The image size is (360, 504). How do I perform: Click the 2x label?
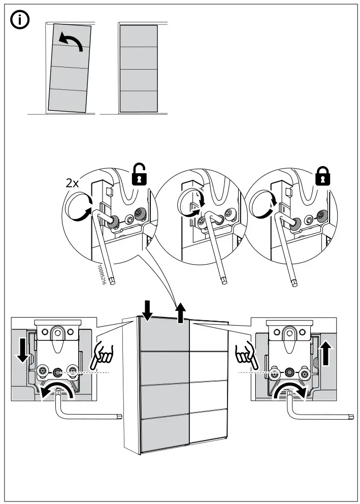point(73,183)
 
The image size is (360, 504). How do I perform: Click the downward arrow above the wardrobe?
point(147,310)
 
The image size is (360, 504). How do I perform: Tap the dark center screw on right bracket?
point(290,372)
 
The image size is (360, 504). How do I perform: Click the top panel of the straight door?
point(138,36)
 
